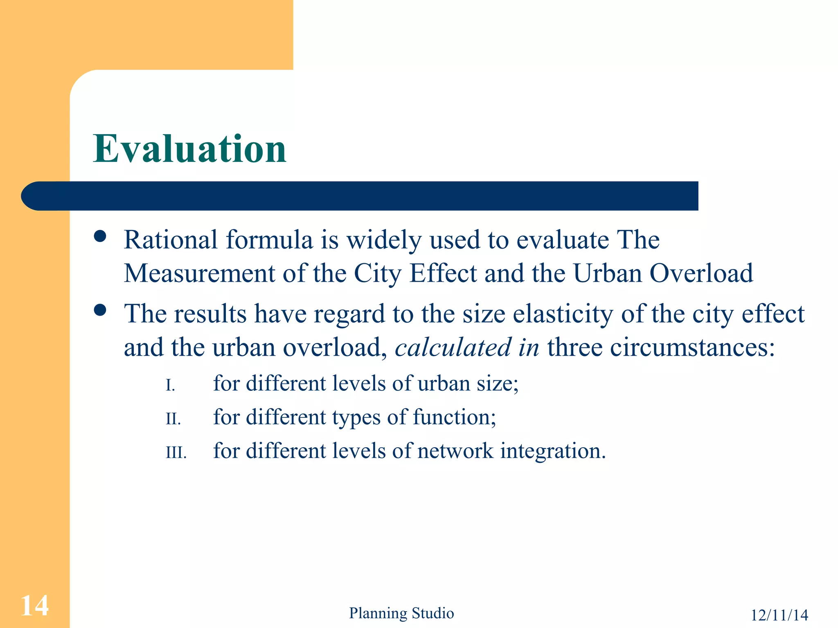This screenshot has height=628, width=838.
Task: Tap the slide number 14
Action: pyautogui.click(x=34, y=606)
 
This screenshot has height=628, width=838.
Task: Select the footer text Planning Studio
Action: pyautogui.click(x=401, y=613)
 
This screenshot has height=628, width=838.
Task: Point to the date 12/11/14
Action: pyautogui.click(x=779, y=615)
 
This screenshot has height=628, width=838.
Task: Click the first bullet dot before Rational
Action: pyautogui.click(x=100, y=236)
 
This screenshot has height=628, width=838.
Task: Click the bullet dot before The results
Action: pyautogui.click(x=100, y=310)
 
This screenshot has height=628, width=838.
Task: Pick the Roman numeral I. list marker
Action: pyautogui.click(x=170, y=385)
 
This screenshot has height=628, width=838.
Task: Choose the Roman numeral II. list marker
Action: pyautogui.click(x=173, y=419)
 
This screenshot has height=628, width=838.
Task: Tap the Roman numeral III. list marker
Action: pyautogui.click(x=176, y=453)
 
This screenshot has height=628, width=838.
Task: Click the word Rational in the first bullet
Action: pyautogui.click(x=170, y=240)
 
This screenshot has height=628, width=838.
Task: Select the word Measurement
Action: pyautogui.click(x=199, y=273)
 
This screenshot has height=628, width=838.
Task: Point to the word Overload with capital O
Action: pyautogui.click(x=701, y=273)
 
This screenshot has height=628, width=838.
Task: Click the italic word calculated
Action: pyautogui.click(x=453, y=348)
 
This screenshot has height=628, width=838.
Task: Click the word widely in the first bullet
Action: pyautogui.click(x=384, y=240)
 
